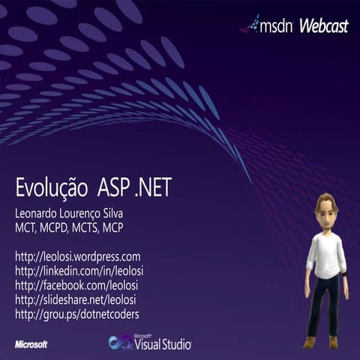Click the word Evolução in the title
[51, 187]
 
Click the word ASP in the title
[118, 187]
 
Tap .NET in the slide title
[154, 187]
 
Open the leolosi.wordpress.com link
[78, 256]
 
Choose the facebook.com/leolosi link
[76, 285]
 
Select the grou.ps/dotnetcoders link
[77, 313]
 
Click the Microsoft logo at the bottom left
[31, 344]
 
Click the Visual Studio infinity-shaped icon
[119, 343]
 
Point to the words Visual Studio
[162, 344]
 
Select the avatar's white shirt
[326, 255]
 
